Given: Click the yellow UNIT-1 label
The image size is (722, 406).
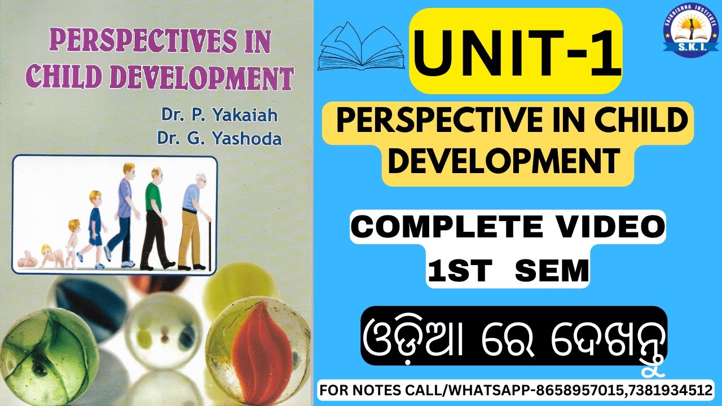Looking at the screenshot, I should (x=516, y=51).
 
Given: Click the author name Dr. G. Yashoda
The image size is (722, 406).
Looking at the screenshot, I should (x=221, y=138).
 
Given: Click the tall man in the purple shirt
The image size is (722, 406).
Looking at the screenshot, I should (x=124, y=214).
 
